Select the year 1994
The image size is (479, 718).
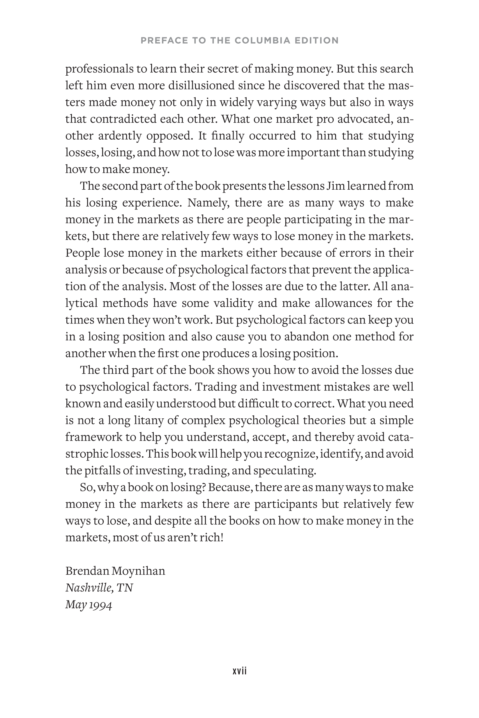pyautogui.click(x=100, y=605)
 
